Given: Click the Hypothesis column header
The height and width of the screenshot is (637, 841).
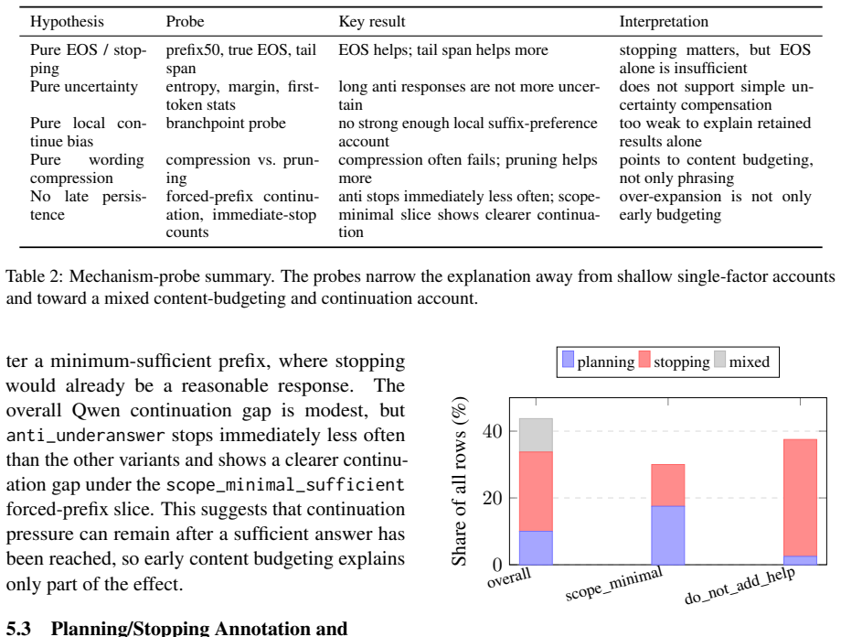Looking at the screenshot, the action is (67, 21).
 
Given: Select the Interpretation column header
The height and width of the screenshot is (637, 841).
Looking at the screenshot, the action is (664, 21).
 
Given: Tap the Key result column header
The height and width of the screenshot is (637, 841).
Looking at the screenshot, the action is (372, 21).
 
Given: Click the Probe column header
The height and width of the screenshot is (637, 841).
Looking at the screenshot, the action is (185, 21).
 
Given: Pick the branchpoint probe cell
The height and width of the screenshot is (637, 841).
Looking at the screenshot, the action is (226, 124).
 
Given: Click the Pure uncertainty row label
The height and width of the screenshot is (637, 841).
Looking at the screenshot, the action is (84, 87).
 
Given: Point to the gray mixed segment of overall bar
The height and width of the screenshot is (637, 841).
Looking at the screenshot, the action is (536, 435).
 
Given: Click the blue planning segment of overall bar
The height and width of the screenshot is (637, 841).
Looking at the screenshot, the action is (536, 548).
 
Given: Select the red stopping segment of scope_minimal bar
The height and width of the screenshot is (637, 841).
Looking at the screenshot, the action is (667, 485).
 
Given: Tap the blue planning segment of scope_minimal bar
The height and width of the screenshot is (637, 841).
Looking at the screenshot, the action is (667, 534).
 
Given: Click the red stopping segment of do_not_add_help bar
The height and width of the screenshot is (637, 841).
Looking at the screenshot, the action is (800, 497).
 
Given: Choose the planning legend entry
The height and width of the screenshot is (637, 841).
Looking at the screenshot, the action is (598, 361).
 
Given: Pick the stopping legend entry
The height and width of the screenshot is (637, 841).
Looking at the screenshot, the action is (675, 361).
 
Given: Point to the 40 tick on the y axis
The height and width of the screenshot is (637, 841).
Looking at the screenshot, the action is (493, 431).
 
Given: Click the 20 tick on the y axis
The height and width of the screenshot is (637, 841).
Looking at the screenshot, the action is (493, 498).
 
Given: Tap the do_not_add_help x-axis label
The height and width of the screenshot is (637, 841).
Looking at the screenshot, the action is (740, 585).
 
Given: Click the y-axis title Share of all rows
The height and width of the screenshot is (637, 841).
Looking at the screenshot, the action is (460, 481).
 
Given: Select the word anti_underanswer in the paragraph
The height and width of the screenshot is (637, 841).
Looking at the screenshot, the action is (85, 435).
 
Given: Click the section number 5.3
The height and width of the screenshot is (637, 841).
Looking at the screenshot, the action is (18, 628).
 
